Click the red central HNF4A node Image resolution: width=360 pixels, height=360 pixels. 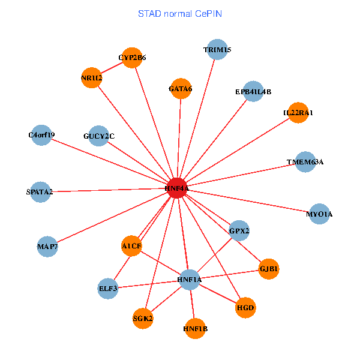point(177,188)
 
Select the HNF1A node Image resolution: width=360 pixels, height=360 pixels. point(190,280)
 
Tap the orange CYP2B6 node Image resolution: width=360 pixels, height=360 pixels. point(132,58)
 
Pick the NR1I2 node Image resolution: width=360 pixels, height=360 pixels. point(92,78)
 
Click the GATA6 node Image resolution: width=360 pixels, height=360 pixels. point(181,89)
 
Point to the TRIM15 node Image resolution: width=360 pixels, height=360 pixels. point(217,49)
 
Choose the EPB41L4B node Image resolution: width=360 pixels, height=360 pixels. point(253,92)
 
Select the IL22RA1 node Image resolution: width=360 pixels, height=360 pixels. point(298,113)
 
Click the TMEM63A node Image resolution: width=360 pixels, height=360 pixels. point(305,162)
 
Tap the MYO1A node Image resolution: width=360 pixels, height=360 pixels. point(319,214)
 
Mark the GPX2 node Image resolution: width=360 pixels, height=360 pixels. point(239,230)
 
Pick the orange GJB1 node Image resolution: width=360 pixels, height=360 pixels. point(268,269)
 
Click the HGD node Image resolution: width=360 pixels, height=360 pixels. point(246,308)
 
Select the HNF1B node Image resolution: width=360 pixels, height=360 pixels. point(196,329)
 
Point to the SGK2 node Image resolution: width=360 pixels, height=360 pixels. point(143,319)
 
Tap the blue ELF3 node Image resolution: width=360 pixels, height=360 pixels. point(108,289)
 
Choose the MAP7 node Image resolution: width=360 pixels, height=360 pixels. point(47,246)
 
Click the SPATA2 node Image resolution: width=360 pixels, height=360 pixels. point(40,192)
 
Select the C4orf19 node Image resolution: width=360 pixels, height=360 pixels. point(41,135)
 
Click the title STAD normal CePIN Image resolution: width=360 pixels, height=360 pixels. point(180,13)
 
